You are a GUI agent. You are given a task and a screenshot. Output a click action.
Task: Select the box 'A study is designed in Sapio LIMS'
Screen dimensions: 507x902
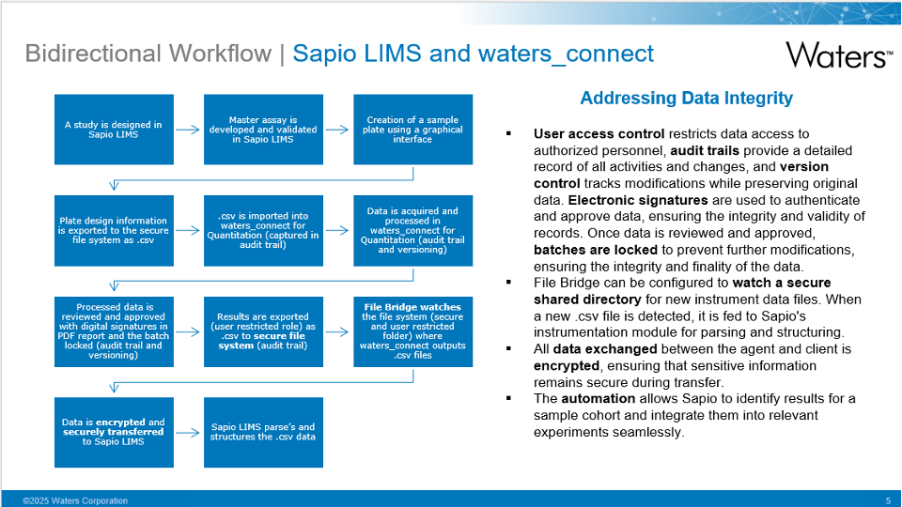(113, 130)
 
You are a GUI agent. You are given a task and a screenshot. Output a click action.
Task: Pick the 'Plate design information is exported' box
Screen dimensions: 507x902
(113, 231)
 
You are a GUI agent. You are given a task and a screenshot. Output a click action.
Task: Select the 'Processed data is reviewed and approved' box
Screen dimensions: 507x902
(113, 331)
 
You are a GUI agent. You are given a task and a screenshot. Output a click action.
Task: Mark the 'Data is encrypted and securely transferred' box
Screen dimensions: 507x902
(113, 433)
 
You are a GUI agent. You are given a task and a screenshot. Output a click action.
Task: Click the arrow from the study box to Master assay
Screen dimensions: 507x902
(188, 130)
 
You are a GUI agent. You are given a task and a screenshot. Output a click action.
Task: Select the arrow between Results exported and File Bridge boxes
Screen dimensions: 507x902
(337, 331)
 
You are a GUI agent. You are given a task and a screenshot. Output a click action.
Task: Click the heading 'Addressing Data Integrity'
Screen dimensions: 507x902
(686, 99)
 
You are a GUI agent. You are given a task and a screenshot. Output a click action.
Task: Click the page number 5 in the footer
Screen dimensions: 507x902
(888, 500)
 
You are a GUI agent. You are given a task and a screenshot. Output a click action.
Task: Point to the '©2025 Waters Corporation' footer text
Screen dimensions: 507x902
(75, 500)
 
